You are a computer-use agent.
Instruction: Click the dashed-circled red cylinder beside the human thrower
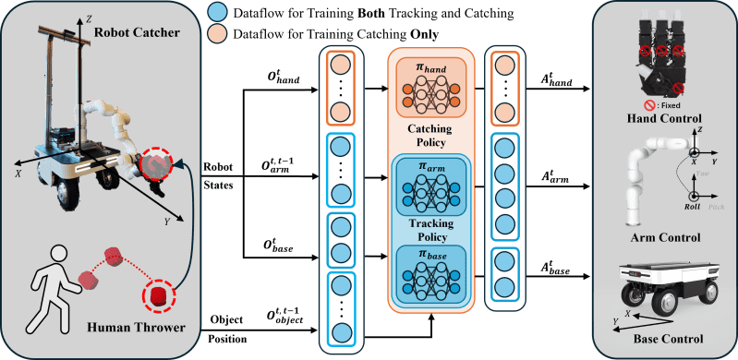pos(159,296)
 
